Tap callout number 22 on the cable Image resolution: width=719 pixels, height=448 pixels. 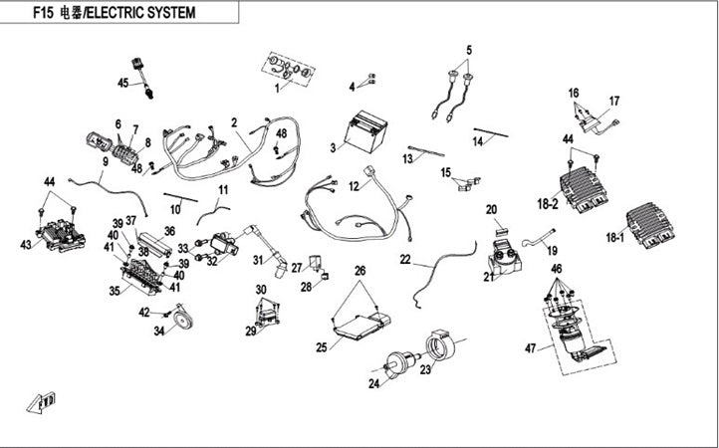pos(405,259)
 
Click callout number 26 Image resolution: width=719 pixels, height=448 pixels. pos(359,271)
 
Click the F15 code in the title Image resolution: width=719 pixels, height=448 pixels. pos(41,13)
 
